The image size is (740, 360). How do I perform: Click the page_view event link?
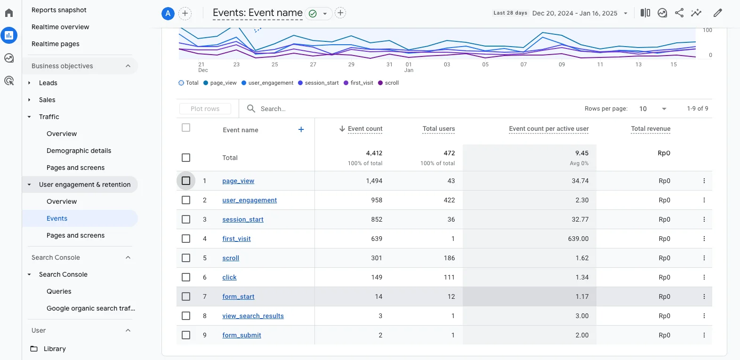click(238, 181)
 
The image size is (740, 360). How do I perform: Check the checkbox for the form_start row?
click(186, 296)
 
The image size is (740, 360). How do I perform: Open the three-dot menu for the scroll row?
click(704, 258)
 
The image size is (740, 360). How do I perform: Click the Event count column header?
click(365, 128)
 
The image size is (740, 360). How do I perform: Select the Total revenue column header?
click(651, 128)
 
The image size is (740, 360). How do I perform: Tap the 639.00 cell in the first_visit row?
click(578, 239)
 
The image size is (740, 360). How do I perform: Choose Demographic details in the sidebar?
click(79, 151)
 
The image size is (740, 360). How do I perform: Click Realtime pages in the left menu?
click(56, 44)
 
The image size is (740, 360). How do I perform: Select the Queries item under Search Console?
click(59, 291)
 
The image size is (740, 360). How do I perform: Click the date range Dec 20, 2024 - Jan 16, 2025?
click(575, 13)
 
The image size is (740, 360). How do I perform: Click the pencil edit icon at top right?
click(717, 13)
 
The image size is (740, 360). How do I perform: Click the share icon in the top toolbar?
click(679, 13)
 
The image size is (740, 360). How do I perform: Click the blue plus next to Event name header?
click(301, 129)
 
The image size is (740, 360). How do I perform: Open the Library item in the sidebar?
click(55, 349)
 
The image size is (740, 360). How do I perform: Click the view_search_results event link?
click(253, 316)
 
